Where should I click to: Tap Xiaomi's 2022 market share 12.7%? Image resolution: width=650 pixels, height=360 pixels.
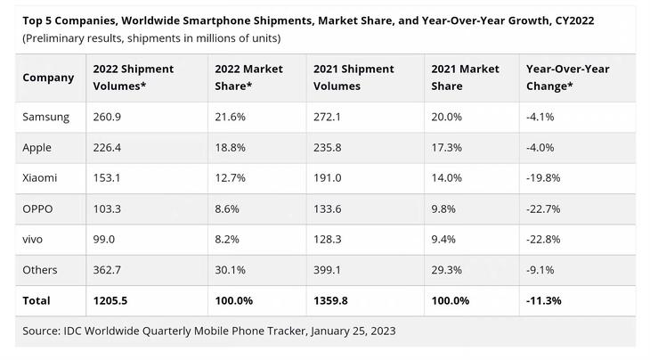(231, 178)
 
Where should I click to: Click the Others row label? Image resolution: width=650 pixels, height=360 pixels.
(40, 270)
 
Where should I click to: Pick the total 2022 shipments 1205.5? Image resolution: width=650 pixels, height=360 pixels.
(111, 300)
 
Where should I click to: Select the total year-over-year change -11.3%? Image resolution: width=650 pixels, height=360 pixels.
(543, 300)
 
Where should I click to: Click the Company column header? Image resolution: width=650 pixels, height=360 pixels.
(48, 78)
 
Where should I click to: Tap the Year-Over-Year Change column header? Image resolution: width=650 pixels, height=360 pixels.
(567, 78)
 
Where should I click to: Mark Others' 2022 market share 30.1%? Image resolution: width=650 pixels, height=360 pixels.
(231, 270)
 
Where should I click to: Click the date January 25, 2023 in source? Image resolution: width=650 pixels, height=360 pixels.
(345, 331)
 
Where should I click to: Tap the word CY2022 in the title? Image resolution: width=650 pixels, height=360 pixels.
(567, 20)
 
